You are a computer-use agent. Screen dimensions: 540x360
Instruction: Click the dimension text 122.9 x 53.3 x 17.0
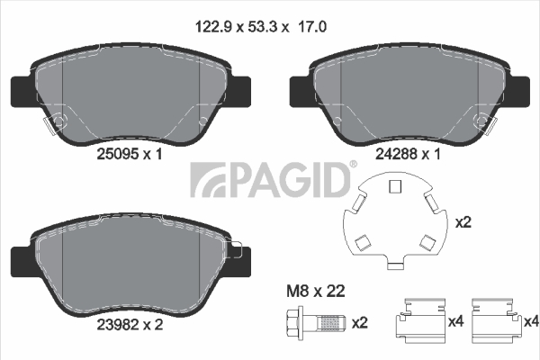[261, 27]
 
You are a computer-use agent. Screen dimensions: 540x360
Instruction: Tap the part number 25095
[117, 154]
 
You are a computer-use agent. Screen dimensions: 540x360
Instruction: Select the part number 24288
[396, 154]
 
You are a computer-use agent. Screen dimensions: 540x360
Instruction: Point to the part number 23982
[117, 325]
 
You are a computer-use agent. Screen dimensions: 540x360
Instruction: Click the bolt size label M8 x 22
[316, 292]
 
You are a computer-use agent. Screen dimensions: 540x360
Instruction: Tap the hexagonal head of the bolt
[294, 323]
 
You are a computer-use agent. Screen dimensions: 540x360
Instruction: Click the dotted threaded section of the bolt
[328, 323]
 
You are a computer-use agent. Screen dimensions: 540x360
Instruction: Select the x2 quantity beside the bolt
[360, 323]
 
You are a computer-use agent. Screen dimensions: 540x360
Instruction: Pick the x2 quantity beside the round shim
[463, 222]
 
